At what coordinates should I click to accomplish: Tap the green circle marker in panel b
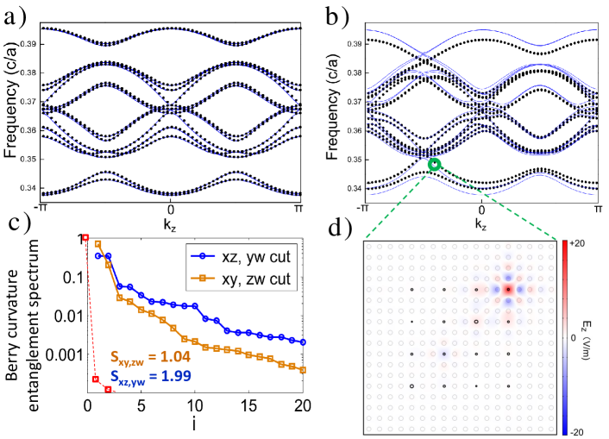click(x=435, y=164)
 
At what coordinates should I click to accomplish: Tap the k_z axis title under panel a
click(x=171, y=224)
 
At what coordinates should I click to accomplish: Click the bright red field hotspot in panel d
click(x=509, y=290)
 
